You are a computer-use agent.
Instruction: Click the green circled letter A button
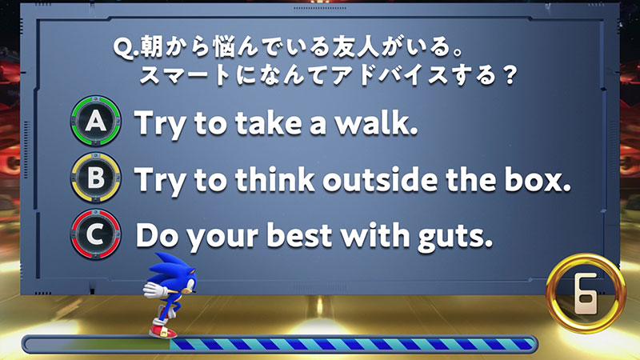tap(96, 121)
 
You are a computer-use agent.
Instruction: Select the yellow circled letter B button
tap(96, 178)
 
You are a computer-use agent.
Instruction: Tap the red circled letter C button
tap(96, 234)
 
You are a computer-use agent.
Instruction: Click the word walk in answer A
tap(377, 122)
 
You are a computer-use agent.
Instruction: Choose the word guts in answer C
tap(454, 238)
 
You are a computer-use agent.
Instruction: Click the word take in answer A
tap(269, 122)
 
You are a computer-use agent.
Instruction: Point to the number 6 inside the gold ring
tap(586, 293)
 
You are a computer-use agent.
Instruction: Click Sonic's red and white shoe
tap(163, 330)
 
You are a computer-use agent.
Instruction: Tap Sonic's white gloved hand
tap(154, 289)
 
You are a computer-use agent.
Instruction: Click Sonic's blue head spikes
tap(166, 266)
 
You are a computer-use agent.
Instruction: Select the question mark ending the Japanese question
tap(509, 76)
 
